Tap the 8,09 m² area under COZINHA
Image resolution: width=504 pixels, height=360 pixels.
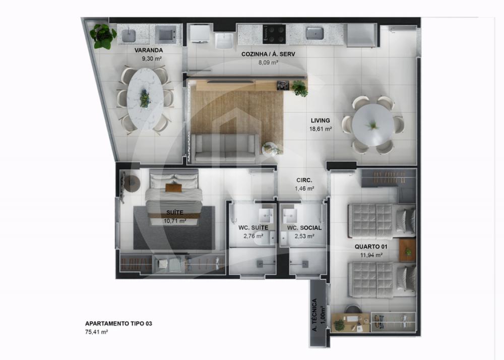click(x=269, y=63)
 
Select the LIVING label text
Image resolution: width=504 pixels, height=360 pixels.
click(x=321, y=121)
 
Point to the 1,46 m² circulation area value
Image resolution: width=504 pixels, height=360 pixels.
click(x=304, y=189)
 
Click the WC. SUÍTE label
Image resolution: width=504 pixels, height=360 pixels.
click(x=253, y=228)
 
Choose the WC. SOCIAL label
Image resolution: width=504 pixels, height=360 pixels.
click(x=304, y=228)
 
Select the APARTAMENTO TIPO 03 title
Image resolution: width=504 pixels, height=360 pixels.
click(x=118, y=323)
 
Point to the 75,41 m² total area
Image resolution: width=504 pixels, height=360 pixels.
click(x=97, y=332)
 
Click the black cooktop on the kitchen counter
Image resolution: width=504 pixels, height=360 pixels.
click(x=274, y=34)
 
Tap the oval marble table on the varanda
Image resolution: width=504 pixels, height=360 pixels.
click(x=145, y=96)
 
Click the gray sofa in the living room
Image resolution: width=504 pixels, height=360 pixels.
click(x=225, y=148)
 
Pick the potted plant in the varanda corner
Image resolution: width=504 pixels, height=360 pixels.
click(x=103, y=35)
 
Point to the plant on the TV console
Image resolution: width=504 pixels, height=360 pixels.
click(x=300, y=88)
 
